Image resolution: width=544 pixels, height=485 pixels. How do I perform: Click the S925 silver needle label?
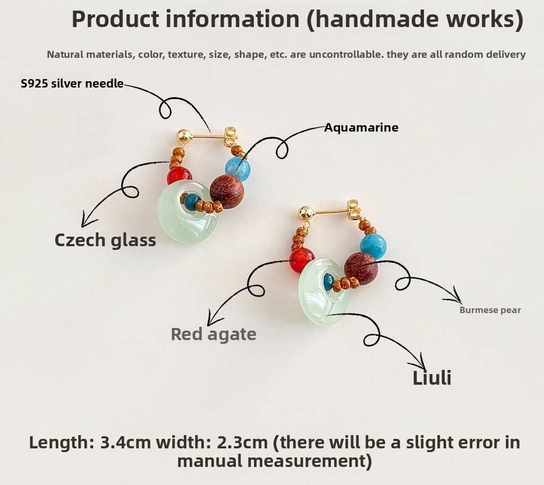coord(72,83)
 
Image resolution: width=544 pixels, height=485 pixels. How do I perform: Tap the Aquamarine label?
coord(361,127)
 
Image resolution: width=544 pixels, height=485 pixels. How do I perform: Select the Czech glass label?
coord(105,240)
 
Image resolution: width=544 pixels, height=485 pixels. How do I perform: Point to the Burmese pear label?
coord(490,310)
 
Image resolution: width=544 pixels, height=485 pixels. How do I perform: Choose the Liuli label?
coord(432,378)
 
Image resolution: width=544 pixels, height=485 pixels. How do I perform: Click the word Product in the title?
coord(115,20)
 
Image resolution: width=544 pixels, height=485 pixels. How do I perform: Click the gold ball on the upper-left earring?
coord(184,136)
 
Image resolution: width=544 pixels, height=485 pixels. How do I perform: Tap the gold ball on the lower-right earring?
coord(307,213)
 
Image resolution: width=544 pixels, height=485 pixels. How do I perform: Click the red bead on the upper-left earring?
coord(179,176)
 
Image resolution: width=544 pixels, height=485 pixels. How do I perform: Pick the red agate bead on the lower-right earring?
coord(302,261)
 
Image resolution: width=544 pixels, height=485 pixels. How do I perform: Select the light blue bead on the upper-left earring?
coord(237,169)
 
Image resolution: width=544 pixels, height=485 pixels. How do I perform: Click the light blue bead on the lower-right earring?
coord(373,246)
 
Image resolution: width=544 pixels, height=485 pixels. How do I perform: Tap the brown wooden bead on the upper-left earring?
coord(227,192)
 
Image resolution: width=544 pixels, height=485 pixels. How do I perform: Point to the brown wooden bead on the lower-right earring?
coord(361,269)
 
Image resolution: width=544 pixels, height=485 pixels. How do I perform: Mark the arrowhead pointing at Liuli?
coord(419,363)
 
